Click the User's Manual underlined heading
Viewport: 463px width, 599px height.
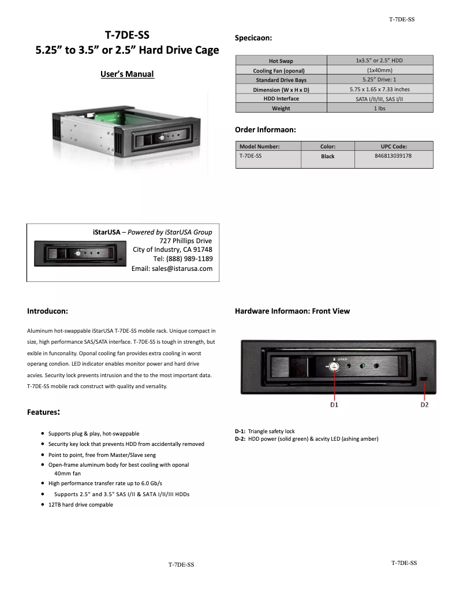[127, 74]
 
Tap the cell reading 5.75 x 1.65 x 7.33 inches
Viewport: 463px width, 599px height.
[379, 90]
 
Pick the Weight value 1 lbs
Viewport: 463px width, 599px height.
[379, 108]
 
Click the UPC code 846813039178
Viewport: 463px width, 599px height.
[393, 156]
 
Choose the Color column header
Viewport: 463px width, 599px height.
[327, 147]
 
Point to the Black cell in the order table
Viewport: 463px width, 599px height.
[327, 157]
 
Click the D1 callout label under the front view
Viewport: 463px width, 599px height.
[334, 405]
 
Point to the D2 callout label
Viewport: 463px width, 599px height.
[424, 405]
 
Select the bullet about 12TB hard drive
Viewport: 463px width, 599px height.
[80, 505]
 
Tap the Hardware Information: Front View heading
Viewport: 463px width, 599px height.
[292, 311]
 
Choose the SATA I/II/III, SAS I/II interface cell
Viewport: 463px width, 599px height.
[379, 99]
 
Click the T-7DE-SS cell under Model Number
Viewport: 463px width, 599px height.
[251, 156]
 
